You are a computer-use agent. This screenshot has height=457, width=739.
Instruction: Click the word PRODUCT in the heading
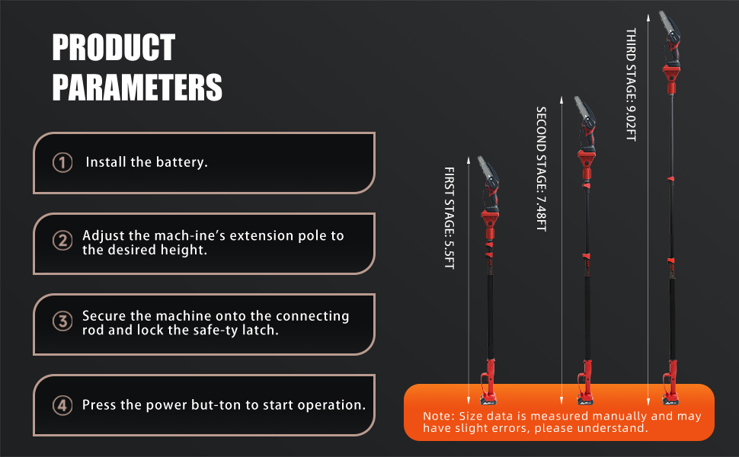[114, 47]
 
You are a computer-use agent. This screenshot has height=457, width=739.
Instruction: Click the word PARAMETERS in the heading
[137, 87]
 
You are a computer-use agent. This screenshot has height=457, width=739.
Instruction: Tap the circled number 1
[62, 162]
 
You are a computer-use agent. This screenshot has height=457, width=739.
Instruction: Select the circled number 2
[62, 241]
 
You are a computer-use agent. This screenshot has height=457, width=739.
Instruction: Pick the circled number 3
[62, 321]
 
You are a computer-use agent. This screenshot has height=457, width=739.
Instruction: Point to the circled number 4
[62, 405]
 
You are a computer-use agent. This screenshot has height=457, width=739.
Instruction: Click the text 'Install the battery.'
[146, 162]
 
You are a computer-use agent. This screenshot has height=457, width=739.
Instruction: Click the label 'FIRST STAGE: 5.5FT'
[449, 218]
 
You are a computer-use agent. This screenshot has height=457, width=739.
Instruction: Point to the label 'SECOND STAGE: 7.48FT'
[542, 168]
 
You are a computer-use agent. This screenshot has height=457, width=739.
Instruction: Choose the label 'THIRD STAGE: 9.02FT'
[631, 85]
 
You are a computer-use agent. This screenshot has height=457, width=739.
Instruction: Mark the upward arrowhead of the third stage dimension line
[648, 18]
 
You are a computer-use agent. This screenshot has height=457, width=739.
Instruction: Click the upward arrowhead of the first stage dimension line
[469, 160]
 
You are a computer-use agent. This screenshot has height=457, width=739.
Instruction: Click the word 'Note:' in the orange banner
[439, 416]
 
